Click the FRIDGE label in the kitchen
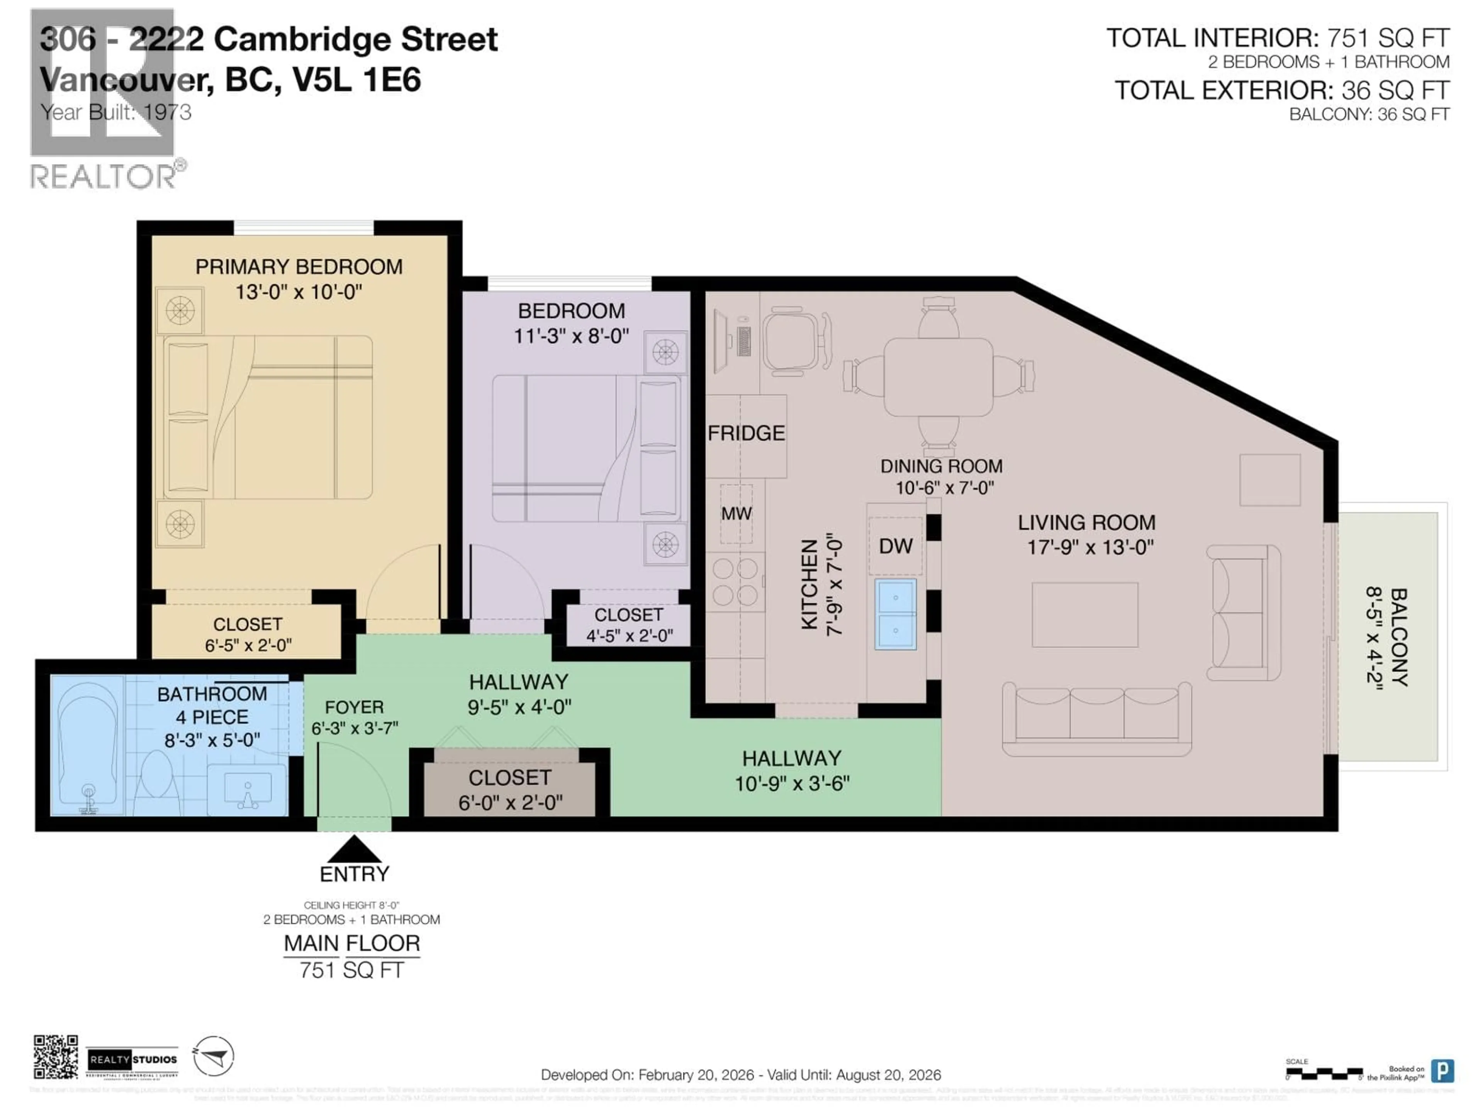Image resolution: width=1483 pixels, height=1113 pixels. click(x=745, y=433)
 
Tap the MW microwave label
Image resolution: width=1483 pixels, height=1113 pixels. click(x=736, y=514)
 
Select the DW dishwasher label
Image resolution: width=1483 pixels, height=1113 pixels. click(x=896, y=546)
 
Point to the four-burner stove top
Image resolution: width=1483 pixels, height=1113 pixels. click(x=735, y=582)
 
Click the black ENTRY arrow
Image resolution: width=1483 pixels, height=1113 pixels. click(x=354, y=849)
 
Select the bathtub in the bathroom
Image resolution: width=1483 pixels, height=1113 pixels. click(x=87, y=746)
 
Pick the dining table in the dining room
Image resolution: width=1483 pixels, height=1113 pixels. click(x=938, y=378)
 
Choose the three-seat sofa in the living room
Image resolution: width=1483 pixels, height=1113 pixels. click(x=1097, y=718)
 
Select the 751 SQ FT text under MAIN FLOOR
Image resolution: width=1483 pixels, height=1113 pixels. click(x=352, y=970)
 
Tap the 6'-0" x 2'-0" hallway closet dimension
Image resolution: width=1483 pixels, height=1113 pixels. click(x=510, y=802)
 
